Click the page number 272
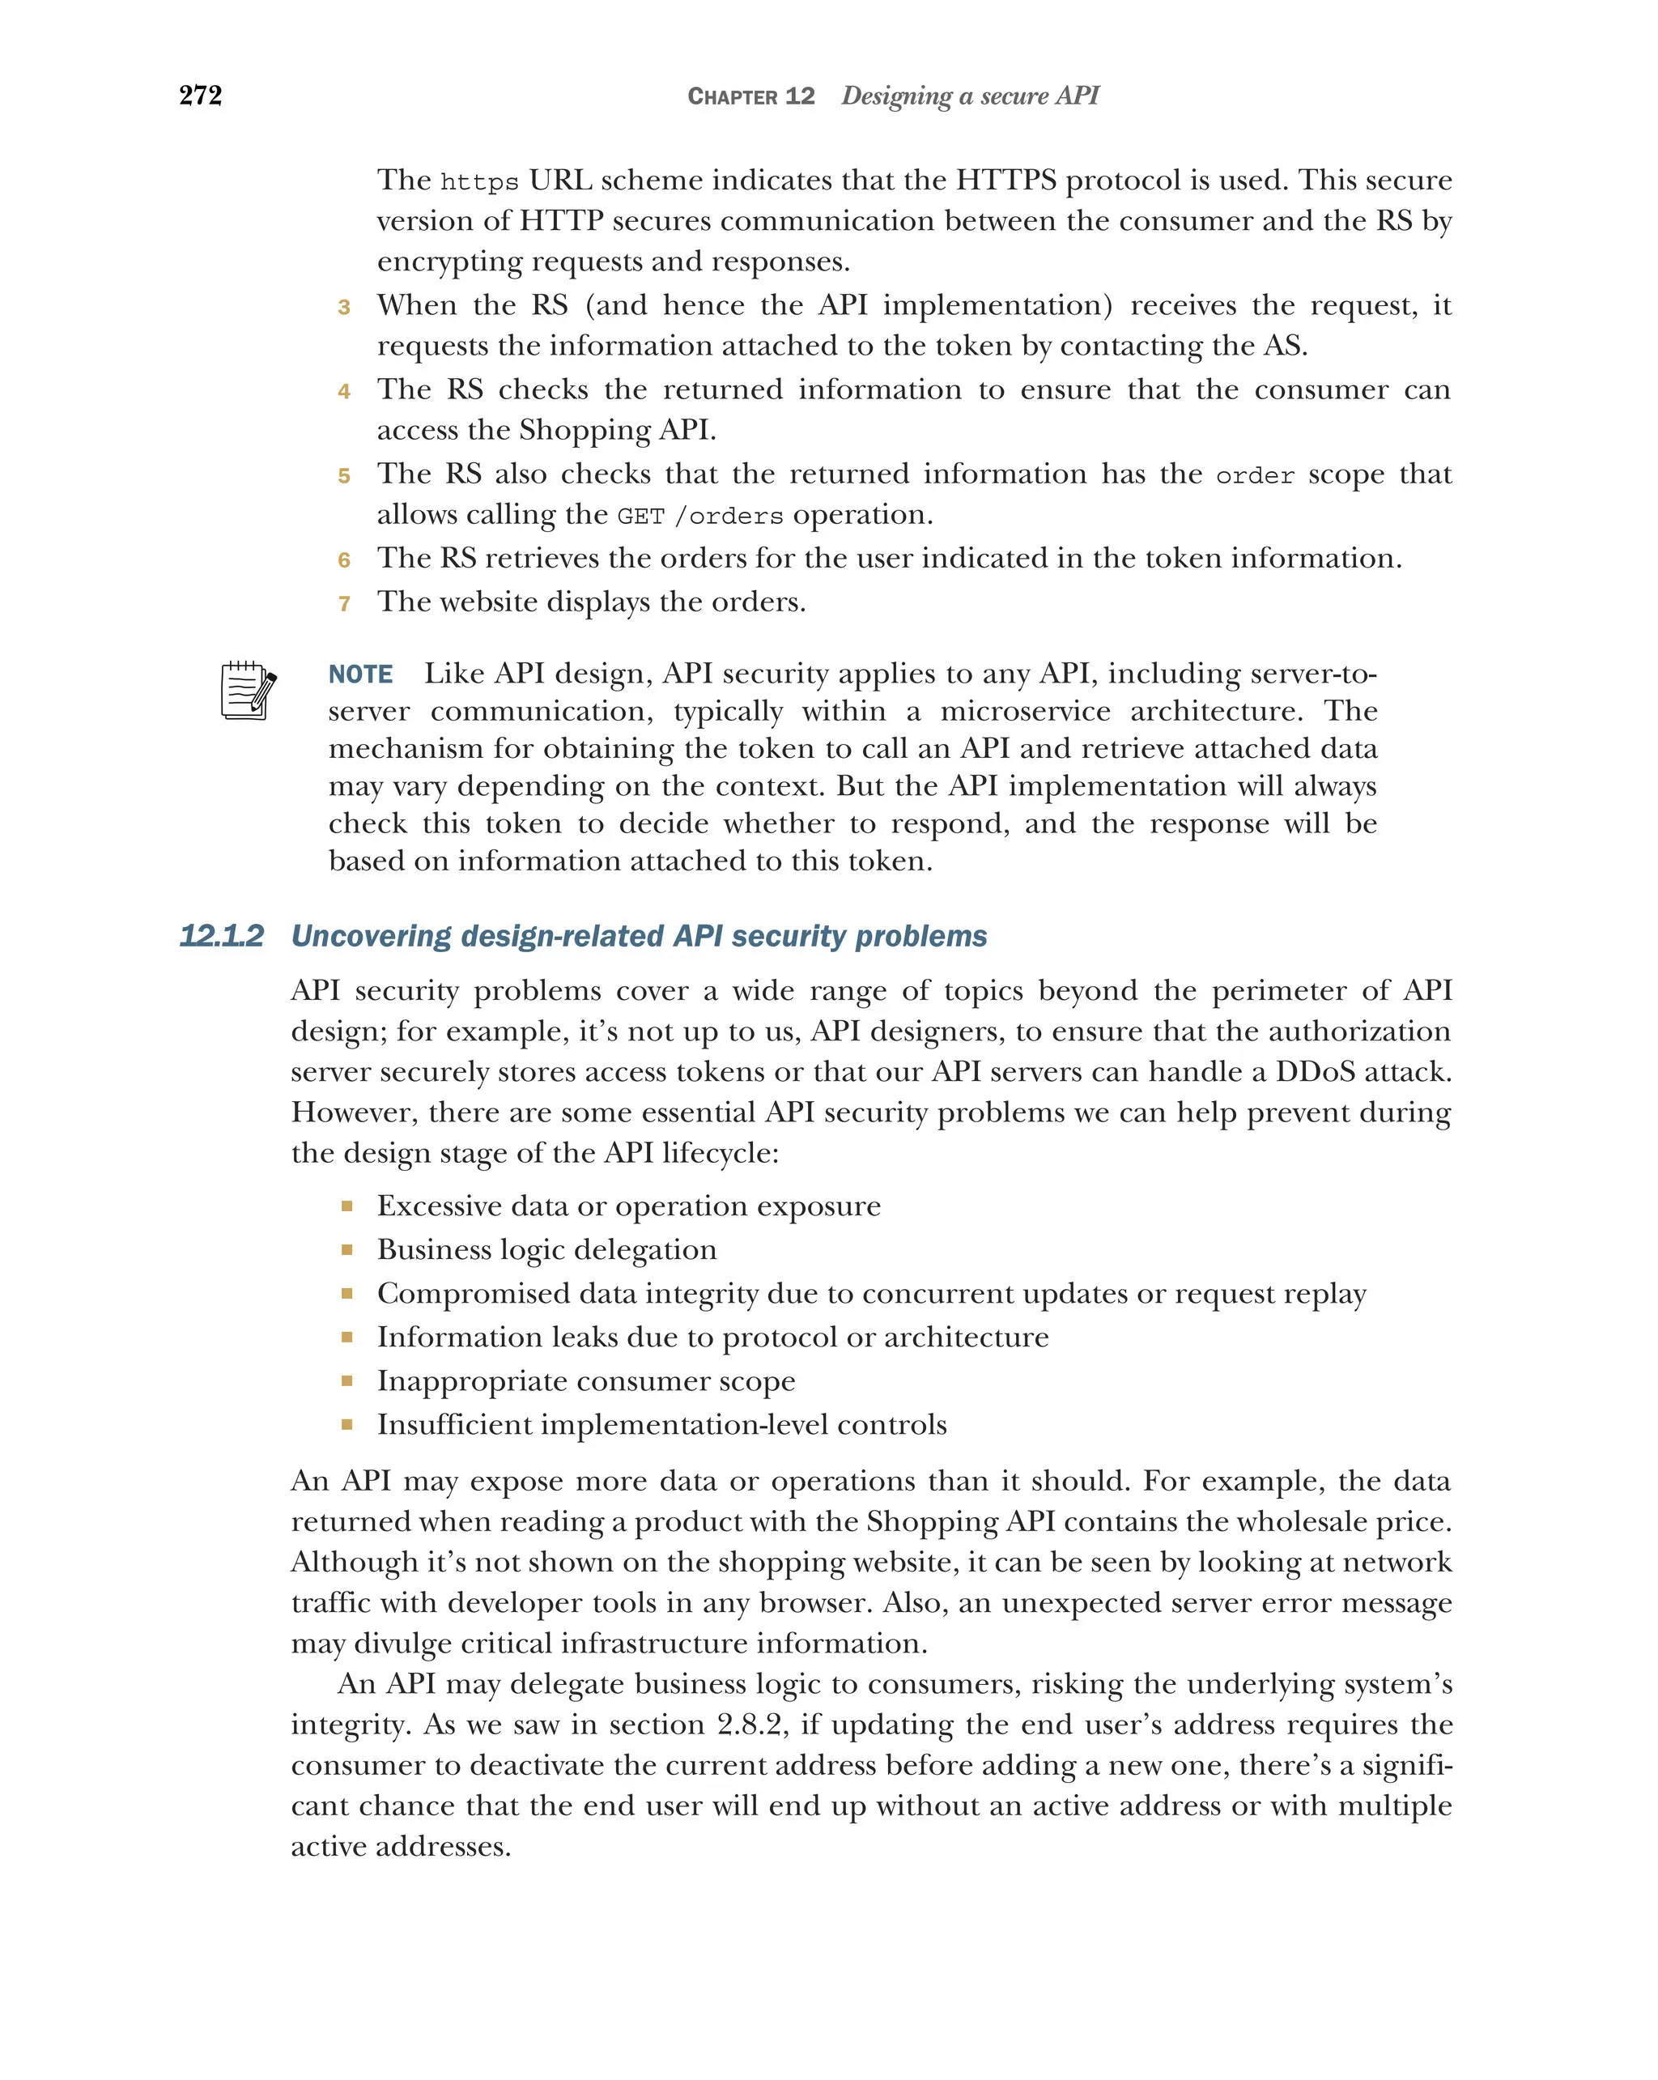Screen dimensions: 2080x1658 pyautogui.click(x=201, y=96)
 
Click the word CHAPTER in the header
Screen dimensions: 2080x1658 pyautogui.click(x=732, y=96)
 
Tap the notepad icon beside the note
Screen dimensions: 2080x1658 pyautogui.click(x=248, y=690)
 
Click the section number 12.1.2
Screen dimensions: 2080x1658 pyautogui.click(x=221, y=936)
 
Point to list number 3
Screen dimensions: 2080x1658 pyautogui.click(x=343, y=308)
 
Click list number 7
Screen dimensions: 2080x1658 pyautogui.click(x=343, y=604)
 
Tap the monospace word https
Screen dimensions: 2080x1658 pyautogui.click(x=479, y=182)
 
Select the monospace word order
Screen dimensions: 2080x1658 pyautogui.click(x=1254, y=475)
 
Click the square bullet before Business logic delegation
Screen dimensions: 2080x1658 pyautogui.click(x=346, y=1249)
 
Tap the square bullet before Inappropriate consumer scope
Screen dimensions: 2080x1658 pyautogui.click(x=346, y=1380)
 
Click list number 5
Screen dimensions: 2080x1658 pyautogui.click(x=343, y=475)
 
